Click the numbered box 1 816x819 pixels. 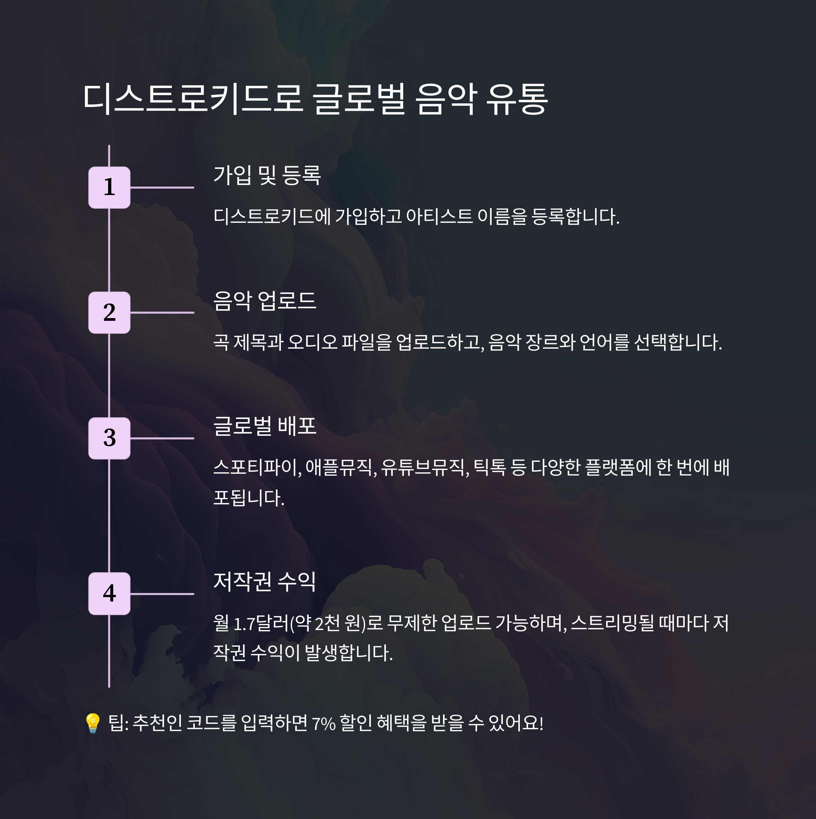point(109,187)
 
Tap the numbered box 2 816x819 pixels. point(109,312)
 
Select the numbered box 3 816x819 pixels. point(109,438)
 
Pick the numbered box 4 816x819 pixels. point(109,593)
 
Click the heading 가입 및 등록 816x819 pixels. point(267,175)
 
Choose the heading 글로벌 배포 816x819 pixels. point(265,426)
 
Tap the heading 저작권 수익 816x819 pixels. point(264,581)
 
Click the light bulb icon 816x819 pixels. point(92,723)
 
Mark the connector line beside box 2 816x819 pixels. point(162,312)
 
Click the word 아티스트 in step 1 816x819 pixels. point(439,216)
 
